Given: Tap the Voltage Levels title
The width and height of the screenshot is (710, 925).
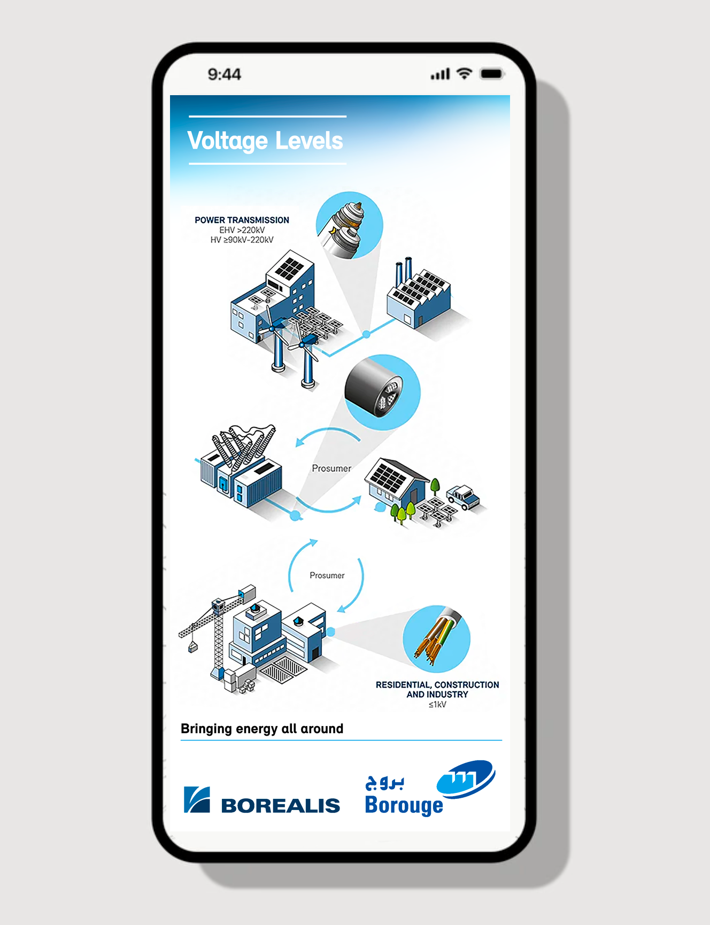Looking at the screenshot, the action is point(265,141).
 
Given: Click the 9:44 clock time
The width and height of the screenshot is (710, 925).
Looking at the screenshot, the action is point(225,74).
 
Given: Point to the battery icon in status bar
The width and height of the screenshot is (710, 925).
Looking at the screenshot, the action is point(492,74).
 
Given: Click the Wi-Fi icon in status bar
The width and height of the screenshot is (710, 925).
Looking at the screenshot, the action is point(465,74).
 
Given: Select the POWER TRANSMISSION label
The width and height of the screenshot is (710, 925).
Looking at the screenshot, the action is point(242,220).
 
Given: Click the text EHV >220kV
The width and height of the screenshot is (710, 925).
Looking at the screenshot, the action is point(242,230).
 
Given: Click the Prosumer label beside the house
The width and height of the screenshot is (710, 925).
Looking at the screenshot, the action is point(331,468).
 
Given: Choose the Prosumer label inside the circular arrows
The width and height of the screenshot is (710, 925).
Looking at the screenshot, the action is point(327,575).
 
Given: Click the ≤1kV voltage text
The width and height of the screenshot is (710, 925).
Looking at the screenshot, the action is point(437,705).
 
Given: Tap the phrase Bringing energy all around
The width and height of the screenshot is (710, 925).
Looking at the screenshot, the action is point(262,729).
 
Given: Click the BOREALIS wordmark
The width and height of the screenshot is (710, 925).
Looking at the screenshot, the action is point(281,805).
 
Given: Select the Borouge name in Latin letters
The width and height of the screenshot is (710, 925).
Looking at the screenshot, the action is point(404,805).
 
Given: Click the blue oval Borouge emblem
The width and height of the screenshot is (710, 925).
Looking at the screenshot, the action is point(466,780).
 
